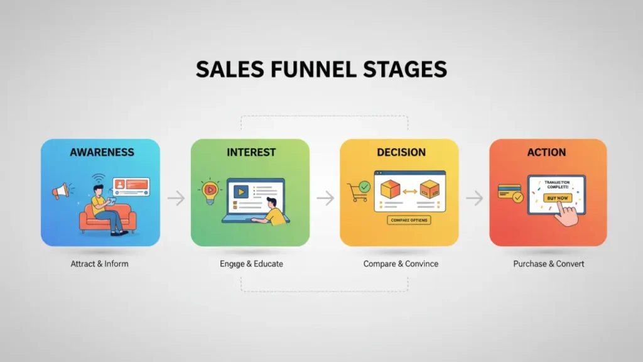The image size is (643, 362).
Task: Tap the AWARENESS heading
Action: point(102,152)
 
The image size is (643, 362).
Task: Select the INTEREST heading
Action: point(251,152)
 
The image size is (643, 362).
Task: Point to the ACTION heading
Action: point(547,152)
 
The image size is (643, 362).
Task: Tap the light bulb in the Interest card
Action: point(209,191)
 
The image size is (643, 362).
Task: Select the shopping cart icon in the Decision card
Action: point(358,191)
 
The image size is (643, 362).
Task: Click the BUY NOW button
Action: point(557,198)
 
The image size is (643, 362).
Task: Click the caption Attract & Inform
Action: point(100,263)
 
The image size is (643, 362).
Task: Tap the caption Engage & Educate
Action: point(251,263)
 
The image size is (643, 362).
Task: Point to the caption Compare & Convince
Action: point(401,263)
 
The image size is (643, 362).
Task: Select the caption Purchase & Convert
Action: point(549,263)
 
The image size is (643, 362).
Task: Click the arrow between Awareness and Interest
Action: point(176,199)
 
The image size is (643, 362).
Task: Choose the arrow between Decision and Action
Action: point(475,199)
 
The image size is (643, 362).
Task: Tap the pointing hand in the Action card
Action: point(567,216)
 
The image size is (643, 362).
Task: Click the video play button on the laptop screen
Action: point(240,191)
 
